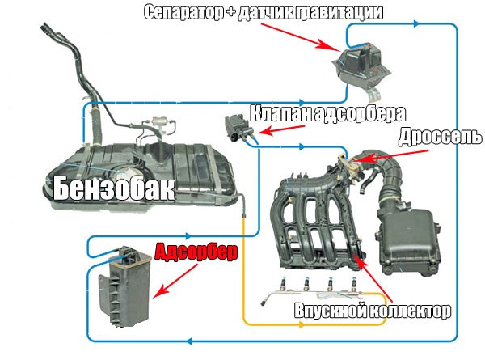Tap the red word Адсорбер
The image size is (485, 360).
click(196, 252)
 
